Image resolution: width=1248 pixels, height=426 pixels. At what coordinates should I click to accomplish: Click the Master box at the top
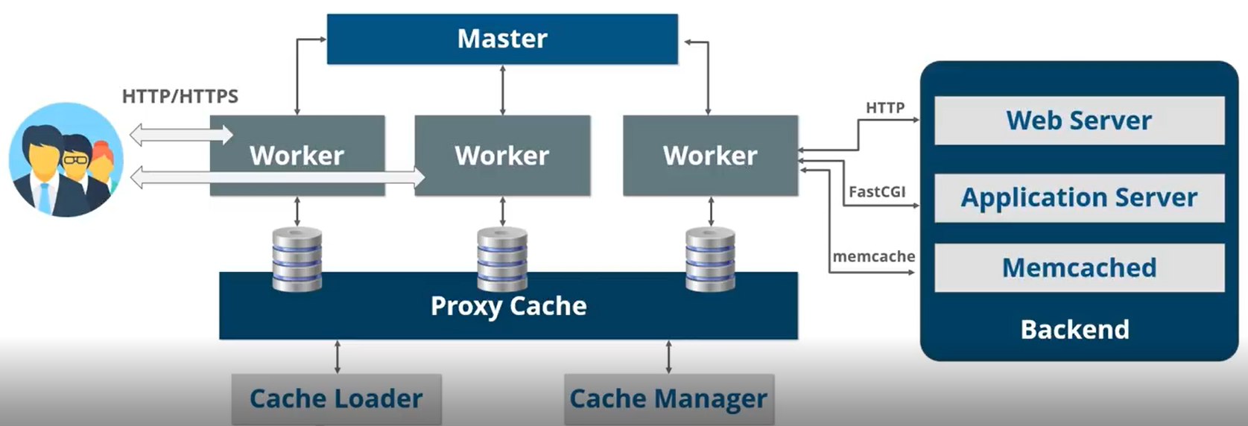pyautogui.click(x=502, y=39)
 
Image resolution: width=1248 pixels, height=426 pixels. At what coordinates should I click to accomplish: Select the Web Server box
pyautogui.click(x=1079, y=121)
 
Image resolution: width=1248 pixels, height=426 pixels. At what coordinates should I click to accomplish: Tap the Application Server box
pyautogui.click(x=1079, y=197)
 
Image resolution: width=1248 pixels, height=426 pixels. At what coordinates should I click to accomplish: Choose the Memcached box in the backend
pyautogui.click(x=1079, y=267)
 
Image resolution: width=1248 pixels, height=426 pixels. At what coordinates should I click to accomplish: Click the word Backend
pyautogui.click(x=1074, y=329)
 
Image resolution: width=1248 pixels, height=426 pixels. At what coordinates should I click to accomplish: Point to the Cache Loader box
pyautogui.click(x=336, y=398)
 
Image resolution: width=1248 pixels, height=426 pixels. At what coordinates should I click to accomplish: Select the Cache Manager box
pyautogui.click(x=668, y=398)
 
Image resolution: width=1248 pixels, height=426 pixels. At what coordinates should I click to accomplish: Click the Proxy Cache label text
pyautogui.click(x=508, y=306)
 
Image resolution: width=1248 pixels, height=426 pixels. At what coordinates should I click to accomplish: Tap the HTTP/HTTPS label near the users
pyautogui.click(x=180, y=96)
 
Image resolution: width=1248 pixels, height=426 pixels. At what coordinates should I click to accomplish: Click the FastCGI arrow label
pyautogui.click(x=877, y=191)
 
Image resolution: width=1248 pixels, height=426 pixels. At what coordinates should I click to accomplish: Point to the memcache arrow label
pyautogui.click(x=874, y=256)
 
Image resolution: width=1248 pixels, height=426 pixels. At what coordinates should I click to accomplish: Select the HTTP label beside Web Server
pyautogui.click(x=885, y=108)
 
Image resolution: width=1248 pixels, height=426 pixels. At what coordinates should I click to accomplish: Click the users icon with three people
pyautogui.click(x=66, y=160)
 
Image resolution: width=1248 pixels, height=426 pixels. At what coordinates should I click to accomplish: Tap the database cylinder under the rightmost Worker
pyautogui.click(x=710, y=259)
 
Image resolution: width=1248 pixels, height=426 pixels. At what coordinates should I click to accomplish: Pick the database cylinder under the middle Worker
pyautogui.click(x=502, y=259)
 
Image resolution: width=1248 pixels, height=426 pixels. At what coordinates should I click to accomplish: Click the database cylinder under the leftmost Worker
pyautogui.click(x=297, y=259)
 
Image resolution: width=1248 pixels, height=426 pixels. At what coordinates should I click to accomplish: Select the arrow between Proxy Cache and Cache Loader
pyautogui.click(x=338, y=357)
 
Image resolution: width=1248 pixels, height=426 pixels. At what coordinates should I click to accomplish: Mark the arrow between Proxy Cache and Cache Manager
pyautogui.click(x=668, y=357)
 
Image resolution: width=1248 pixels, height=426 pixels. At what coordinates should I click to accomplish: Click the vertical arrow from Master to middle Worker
pyautogui.click(x=502, y=89)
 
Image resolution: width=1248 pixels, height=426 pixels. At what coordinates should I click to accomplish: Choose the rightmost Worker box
pyautogui.click(x=710, y=156)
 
